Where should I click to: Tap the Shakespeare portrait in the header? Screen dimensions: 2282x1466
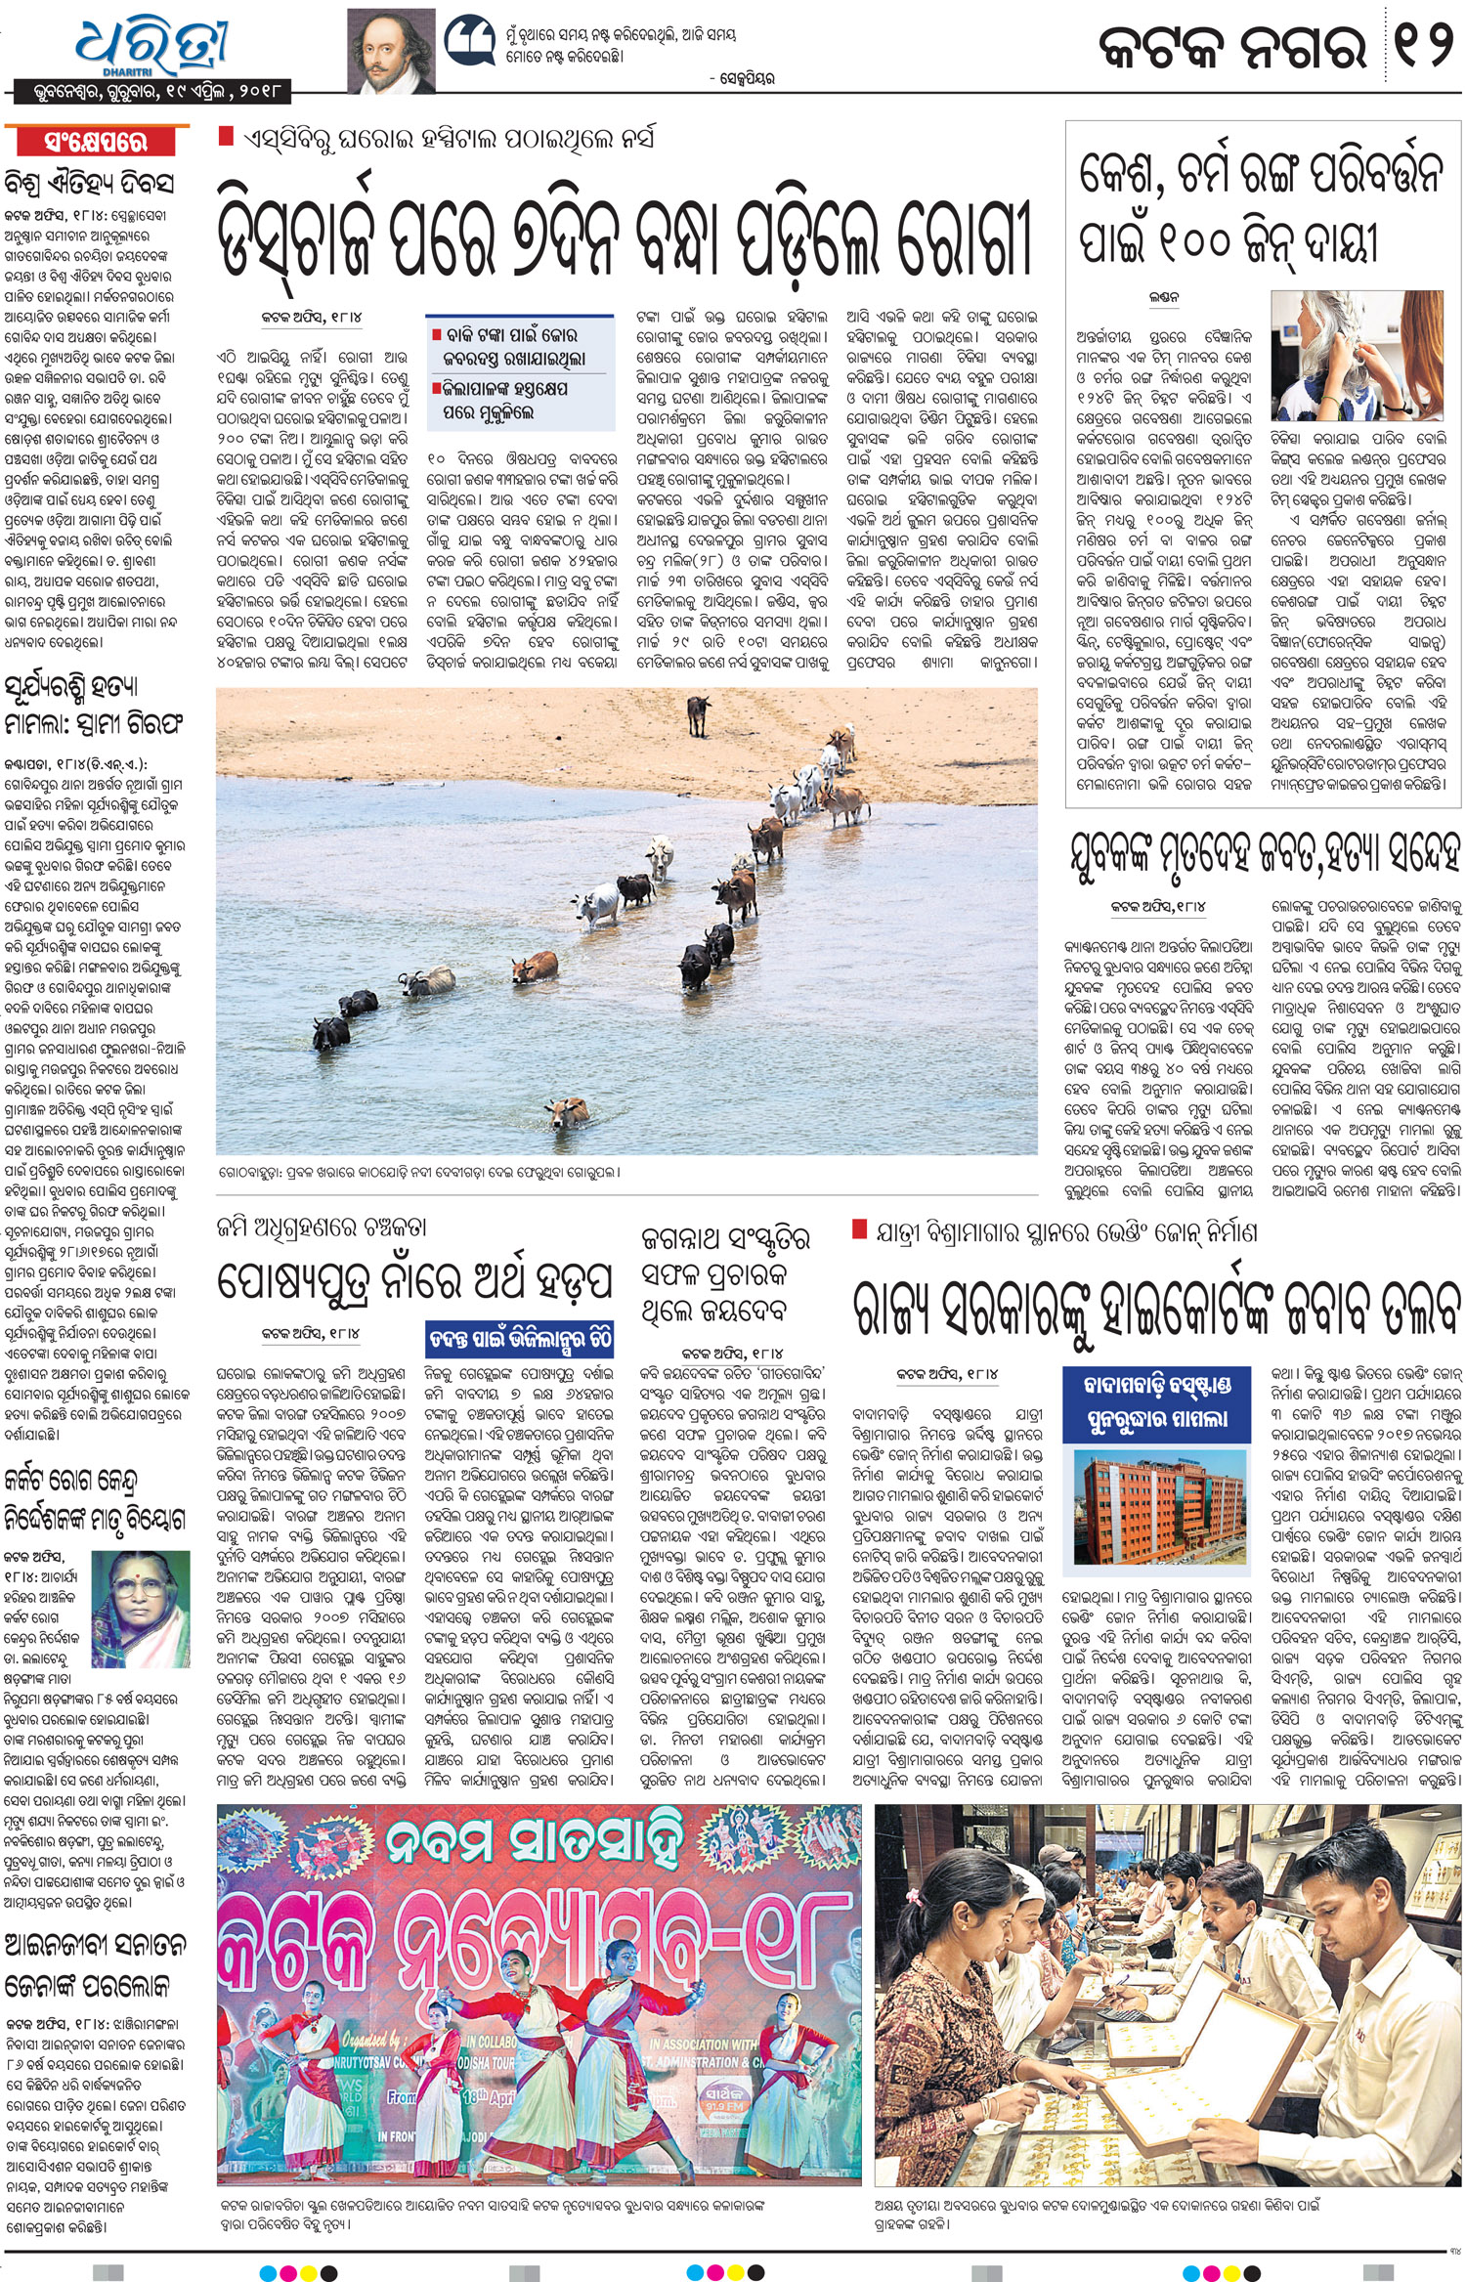[x=391, y=51]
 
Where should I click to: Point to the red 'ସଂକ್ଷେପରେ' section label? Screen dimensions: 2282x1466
[x=96, y=142]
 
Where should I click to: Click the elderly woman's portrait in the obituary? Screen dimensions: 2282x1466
[x=141, y=1608]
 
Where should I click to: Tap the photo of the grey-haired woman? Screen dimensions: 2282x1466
[x=1357, y=356]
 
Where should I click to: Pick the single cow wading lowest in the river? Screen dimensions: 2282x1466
[x=567, y=1112]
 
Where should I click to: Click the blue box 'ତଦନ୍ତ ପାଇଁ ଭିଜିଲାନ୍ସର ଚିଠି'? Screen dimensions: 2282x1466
[x=520, y=1338]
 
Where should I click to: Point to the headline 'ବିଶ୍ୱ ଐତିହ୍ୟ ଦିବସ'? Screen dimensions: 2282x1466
[x=90, y=183]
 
